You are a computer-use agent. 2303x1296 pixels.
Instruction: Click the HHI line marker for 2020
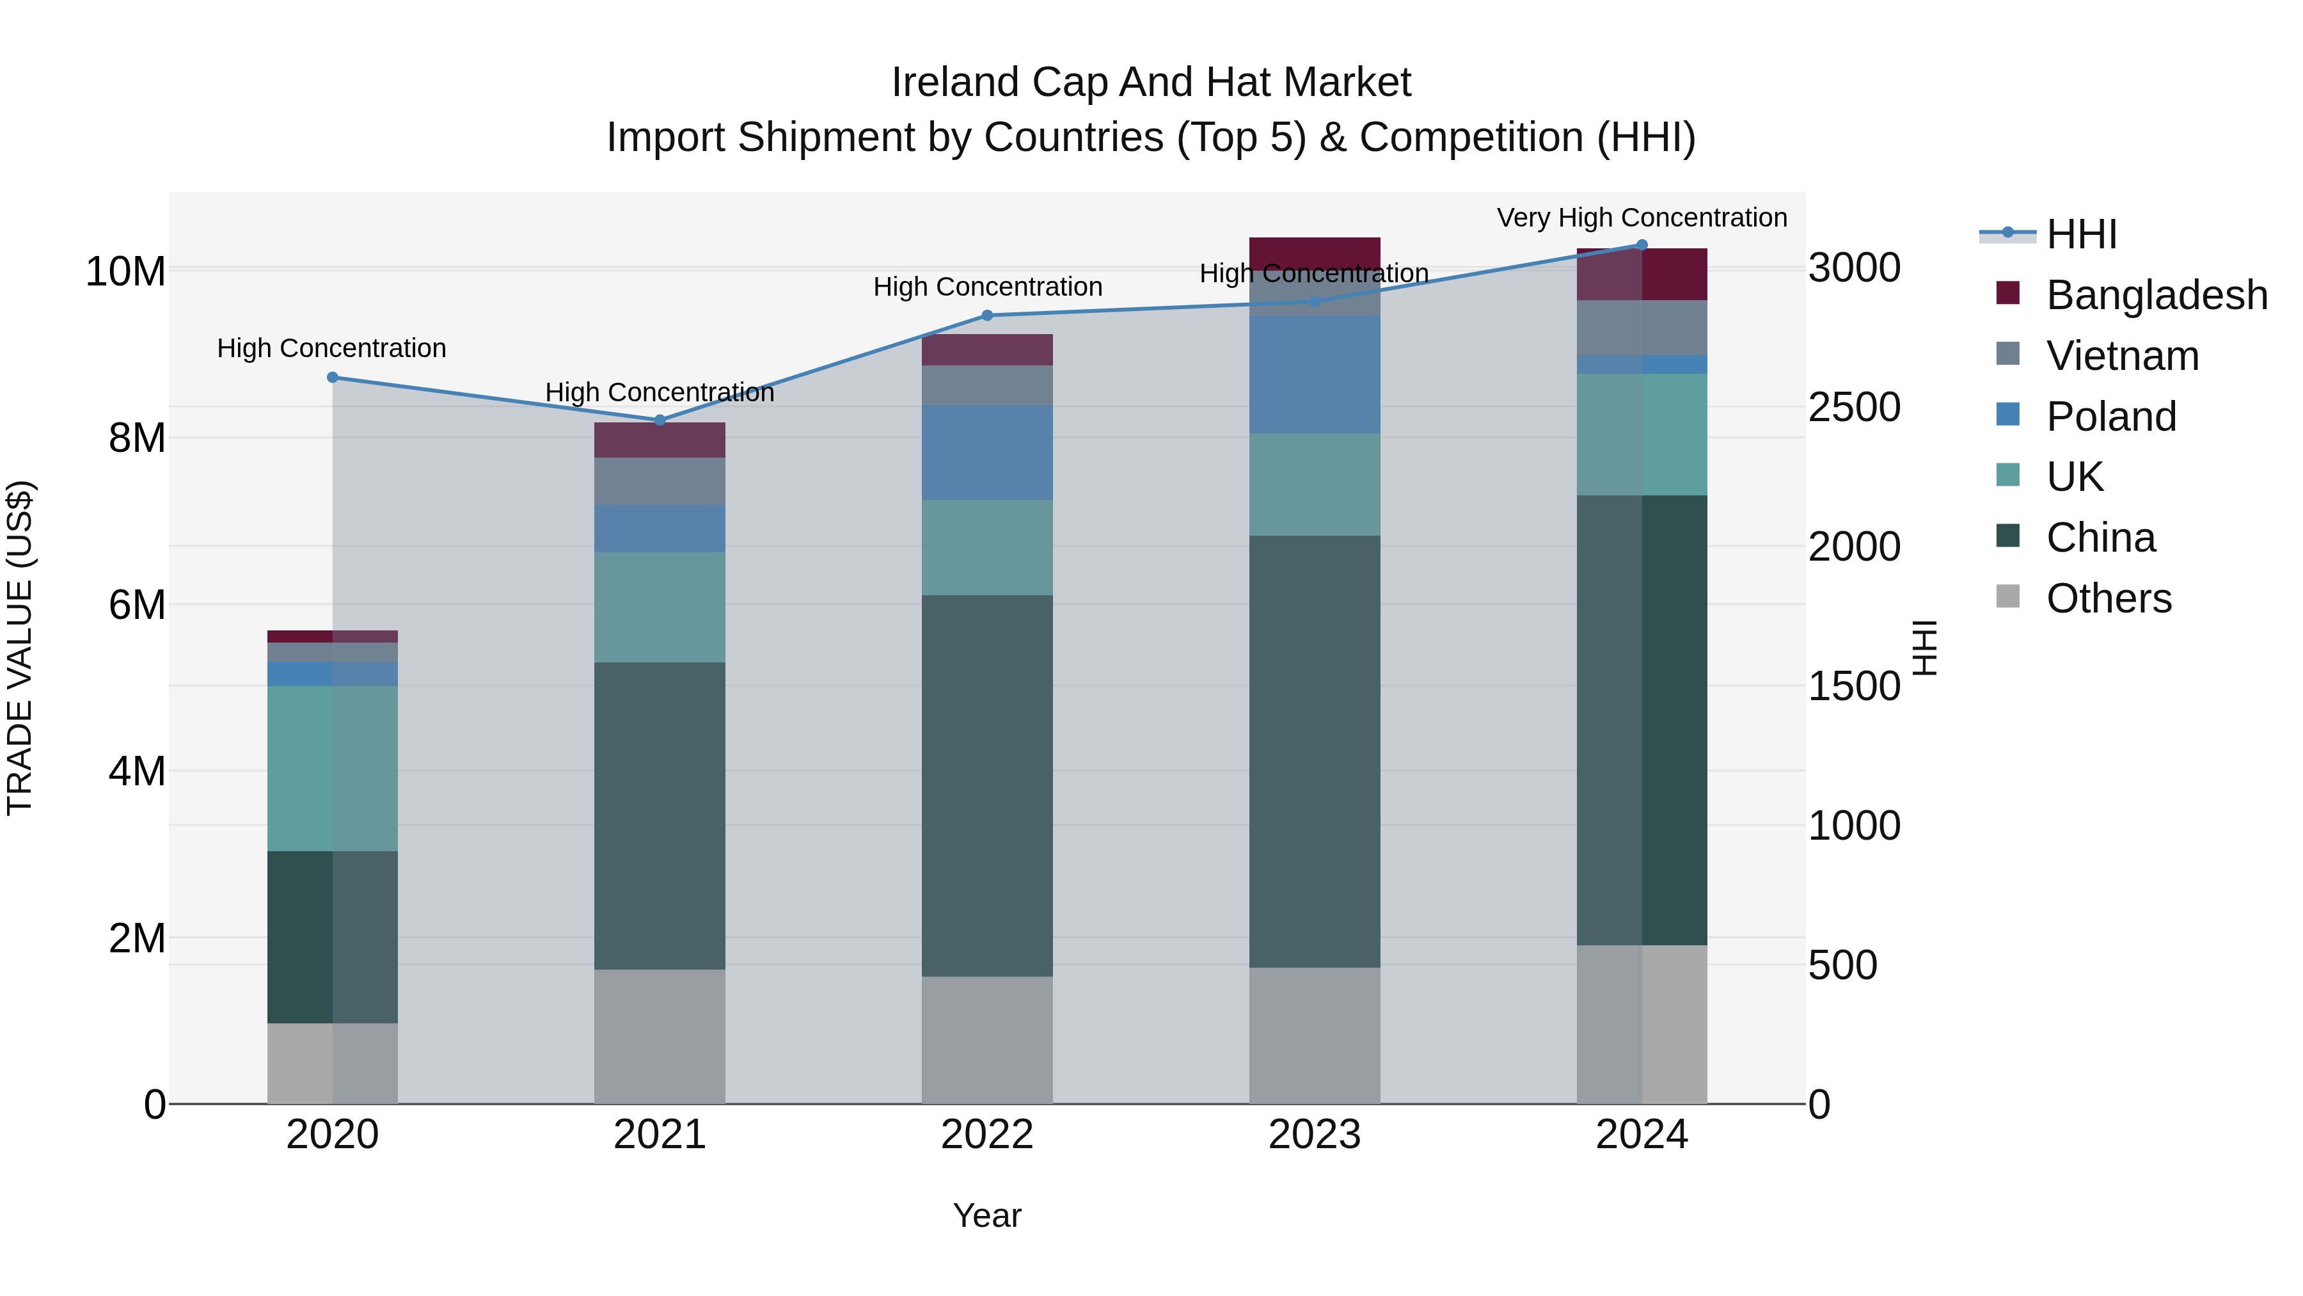tap(333, 378)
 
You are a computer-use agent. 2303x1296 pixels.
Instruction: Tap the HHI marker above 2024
tap(1642, 245)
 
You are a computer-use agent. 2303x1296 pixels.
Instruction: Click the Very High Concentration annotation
tap(1642, 218)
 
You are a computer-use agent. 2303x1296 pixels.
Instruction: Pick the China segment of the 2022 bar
tap(987, 785)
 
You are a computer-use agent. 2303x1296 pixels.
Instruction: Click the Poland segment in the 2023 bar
tap(1314, 374)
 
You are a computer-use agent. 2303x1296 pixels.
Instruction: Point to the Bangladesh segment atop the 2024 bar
tap(1642, 275)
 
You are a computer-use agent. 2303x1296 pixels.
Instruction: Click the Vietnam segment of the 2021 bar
tap(660, 481)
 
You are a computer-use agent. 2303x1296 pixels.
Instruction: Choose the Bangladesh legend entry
tap(2157, 295)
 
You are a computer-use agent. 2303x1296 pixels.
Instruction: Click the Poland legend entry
tap(2111, 417)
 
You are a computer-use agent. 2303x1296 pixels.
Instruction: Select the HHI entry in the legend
tap(2081, 234)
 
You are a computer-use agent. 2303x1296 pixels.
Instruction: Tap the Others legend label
tap(2108, 598)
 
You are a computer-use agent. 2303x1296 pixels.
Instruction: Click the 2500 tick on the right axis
tap(1854, 408)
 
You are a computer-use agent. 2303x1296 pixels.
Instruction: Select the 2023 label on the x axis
tap(1314, 1135)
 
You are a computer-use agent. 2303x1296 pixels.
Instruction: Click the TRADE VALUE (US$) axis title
tap(20, 648)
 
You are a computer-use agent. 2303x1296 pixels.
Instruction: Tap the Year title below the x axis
tap(987, 1215)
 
